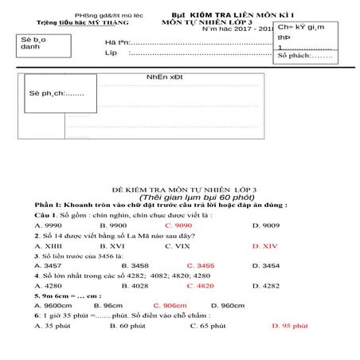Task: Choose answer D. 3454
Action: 266,265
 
